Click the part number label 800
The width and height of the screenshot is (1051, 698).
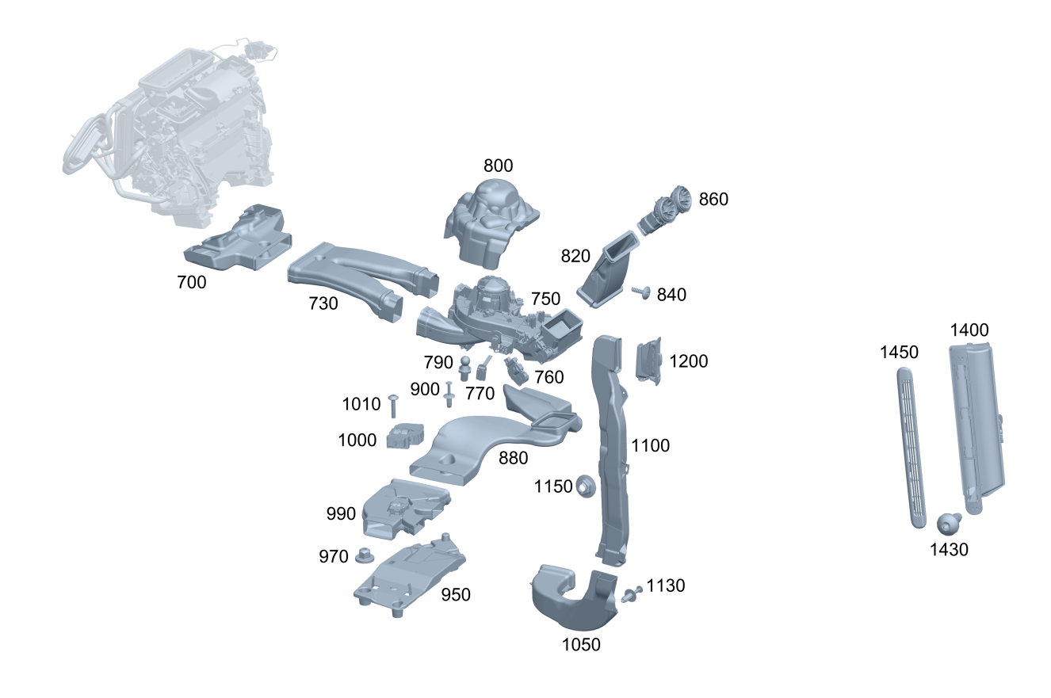[498, 166]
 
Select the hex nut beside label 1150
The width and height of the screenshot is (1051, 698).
[585, 486]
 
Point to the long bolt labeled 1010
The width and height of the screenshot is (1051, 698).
[392, 406]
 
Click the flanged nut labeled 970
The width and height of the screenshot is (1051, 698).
[364, 556]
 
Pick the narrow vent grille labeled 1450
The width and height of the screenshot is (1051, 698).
[911, 448]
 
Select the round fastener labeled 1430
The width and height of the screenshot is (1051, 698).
[949, 524]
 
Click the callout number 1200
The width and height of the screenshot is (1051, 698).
[688, 361]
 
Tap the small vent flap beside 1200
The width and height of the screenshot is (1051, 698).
[649, 360]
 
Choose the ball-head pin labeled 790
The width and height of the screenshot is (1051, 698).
[465, 368]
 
